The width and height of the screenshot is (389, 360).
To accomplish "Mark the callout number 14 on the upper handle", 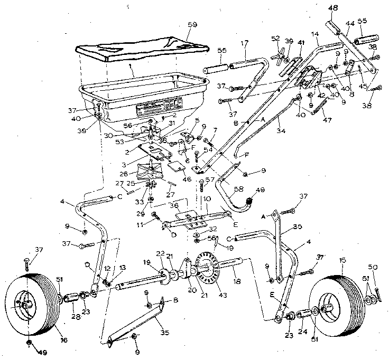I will pyautogui.click(x=316, y=34).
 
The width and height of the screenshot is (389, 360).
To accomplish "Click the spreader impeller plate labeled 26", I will pyautogui.click(x=151, y=172).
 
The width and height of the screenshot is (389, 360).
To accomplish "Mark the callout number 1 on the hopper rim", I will pyautogui.click(x=130, y=69).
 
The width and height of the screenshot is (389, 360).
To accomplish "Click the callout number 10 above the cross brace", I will pyautogui.click(x=207, y=198).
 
